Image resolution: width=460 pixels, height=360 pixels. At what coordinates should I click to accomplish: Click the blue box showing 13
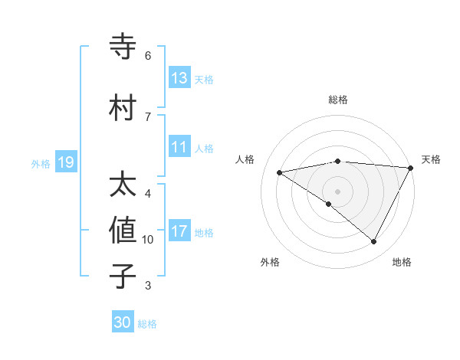[179, 78]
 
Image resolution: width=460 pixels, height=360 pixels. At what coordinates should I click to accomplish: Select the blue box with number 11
[179, 147]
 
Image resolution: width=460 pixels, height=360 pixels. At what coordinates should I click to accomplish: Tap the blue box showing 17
[179, 231]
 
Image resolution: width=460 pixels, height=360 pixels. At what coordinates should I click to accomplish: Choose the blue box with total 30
[123, 322]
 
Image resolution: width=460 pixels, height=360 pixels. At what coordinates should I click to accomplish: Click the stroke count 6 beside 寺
[147, 56]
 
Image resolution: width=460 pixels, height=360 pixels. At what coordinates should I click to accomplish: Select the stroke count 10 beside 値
[148, 240]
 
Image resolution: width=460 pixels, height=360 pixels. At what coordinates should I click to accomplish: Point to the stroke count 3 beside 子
[147, 286]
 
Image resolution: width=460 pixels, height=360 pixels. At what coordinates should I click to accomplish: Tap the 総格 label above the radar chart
[337, 100]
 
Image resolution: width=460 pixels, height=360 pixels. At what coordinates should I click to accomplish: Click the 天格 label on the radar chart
[432, 159]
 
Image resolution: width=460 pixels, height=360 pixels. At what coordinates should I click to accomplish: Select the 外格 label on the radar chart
[270, 262]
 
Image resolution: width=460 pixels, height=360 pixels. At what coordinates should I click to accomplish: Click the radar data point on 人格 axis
[280, 172]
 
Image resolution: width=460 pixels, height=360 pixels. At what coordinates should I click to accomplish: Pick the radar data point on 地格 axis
[374, 242]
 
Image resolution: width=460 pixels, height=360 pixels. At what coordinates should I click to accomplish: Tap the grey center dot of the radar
[337, 191]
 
